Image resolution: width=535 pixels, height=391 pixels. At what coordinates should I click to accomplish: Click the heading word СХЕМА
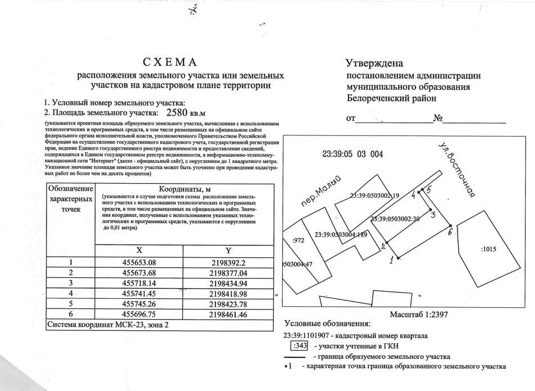(x=170, y=62)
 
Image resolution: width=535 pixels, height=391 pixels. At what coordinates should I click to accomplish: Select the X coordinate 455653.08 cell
(x=143, y=262)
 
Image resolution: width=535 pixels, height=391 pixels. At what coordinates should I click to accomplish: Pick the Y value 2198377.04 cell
(x=228, y=272)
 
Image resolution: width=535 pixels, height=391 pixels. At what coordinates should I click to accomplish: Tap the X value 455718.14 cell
(x=143, y=283)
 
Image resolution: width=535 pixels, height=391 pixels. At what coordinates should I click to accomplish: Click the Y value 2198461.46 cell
(x=228, y=315)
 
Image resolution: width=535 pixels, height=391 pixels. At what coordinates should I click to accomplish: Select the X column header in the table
(x=142, y=251)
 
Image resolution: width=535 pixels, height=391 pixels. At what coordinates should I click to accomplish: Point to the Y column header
(x=228, y=251)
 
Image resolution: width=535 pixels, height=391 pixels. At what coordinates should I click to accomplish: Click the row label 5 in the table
(x=71, y=304)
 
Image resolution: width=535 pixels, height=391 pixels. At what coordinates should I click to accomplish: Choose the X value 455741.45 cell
(x=143, y=293)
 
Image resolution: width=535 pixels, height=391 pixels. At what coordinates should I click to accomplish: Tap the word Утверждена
(x=374, y=63)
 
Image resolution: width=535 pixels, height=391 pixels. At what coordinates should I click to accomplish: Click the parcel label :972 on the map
(x=299, y=240)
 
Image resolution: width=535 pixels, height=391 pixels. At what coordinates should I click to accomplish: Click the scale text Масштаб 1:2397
(x=418, y=316)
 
